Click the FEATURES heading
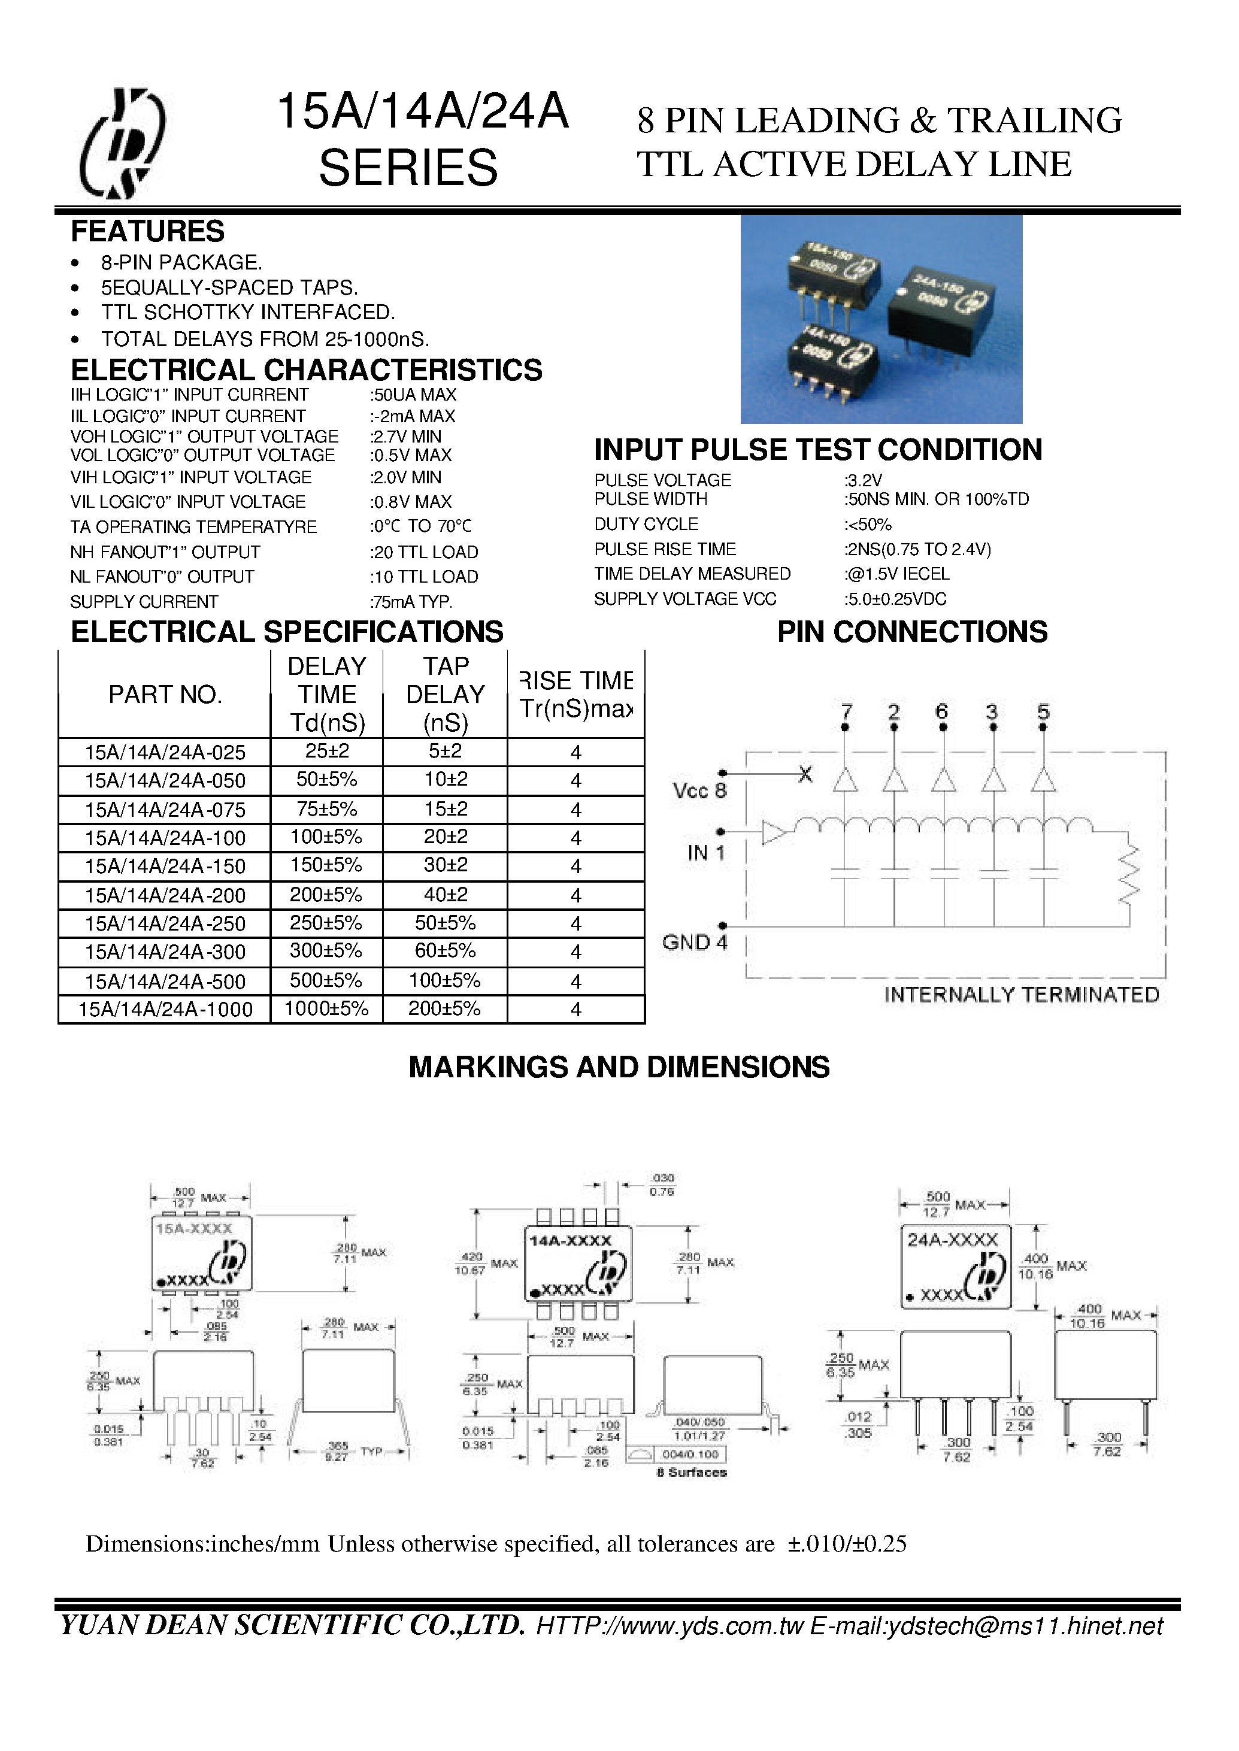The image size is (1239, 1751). (147, 231)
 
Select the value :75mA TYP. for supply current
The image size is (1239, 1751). (411, 602)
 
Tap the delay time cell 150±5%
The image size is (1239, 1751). (326, 865)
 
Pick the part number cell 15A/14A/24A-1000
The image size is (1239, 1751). (165, 1010)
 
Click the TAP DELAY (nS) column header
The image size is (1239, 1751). (445, 694)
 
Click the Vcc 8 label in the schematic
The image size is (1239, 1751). (699, 790)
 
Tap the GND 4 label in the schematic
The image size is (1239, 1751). (694, 942)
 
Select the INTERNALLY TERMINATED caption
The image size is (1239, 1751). (1021, 995)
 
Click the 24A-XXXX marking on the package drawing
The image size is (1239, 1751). (952, 1240)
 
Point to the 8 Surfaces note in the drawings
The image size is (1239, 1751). (691, 1473)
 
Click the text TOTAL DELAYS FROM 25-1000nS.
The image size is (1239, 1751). (265, 339)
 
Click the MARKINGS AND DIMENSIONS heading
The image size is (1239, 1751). (619, 1067)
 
